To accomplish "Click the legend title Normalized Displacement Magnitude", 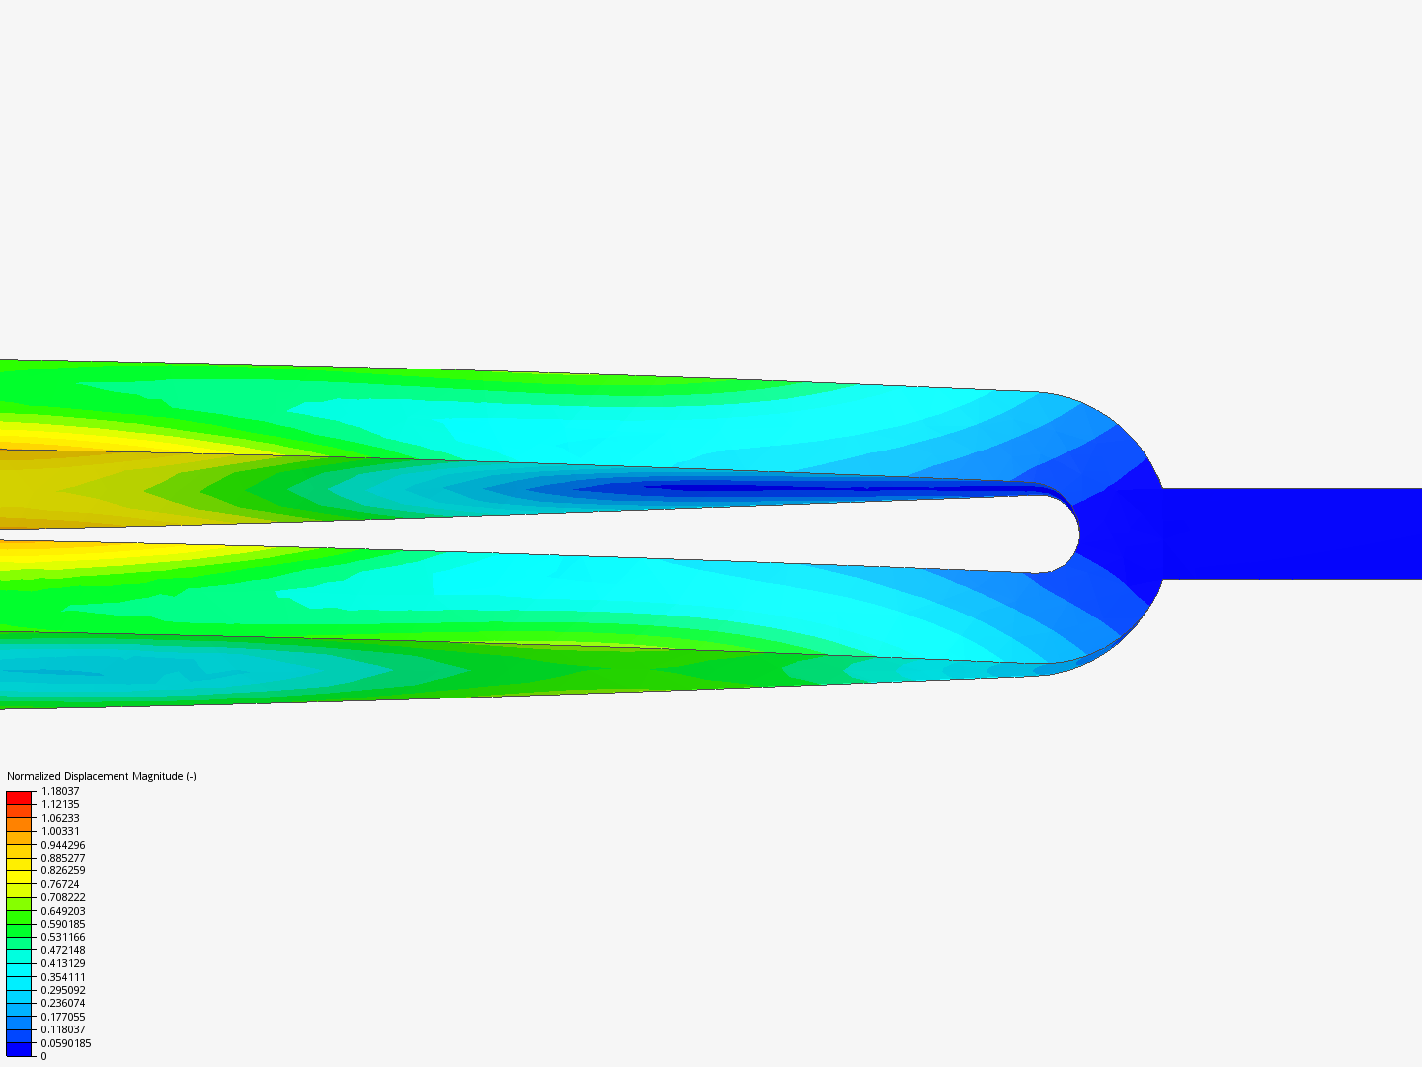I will pyautogui.click(x=101, y=776).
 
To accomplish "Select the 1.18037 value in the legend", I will pyautogui.click(x=60, y=791).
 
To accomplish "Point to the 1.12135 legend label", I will pyautogui.click(x=60, y=804).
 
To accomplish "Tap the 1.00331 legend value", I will pyautogui.click(x=60, y=831).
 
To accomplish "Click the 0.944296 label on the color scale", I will pyautogui.click(x=63, y=845).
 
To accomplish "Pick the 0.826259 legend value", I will pyautogui.click(x=63, y=870).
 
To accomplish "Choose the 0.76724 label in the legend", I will pyautogui.click(x=60, y=884).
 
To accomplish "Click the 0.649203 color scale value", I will pyautogui.click(x=63, y=911).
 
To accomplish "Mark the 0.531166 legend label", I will pyautogui.click(x=63, y=937).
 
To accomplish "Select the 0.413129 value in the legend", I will pyautogui.click(x=63, y=963).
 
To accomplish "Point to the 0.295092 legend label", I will pyautogui.click(x=63, y=990).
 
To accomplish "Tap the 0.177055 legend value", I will pyautogui.click(x=63, y=1017).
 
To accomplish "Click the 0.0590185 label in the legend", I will pyautogui.click(x=66, y=1043).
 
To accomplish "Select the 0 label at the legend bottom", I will pyautogui.click(x=43, y=1056).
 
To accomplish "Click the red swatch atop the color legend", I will pyautogui.click(x=19, y=797).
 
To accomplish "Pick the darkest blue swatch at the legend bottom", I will pyautogui.click(x=19, y=1049).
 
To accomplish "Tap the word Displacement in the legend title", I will pyautogui.click(x=97, y=776).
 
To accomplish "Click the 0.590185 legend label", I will pyautogui.click(x=63, y=924).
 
